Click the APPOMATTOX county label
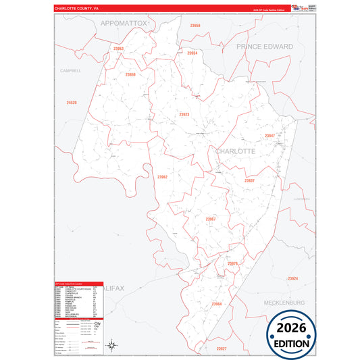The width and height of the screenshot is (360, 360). [124, 22]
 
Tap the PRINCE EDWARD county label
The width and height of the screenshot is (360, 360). [264, 47]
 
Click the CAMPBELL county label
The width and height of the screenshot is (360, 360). [70, 70]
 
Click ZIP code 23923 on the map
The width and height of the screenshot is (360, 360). [184, 115]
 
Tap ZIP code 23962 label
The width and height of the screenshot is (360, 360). [162, 177]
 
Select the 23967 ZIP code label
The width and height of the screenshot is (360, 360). [211, 219]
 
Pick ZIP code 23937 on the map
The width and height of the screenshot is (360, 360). [249, 180]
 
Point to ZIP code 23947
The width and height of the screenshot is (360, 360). [269, 135]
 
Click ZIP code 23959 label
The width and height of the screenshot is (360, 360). [130, 74]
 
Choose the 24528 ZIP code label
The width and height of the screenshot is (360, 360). [72, 102]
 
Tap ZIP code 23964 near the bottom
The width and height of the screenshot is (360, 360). [216, 304]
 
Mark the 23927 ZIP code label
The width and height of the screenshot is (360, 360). [222, 348]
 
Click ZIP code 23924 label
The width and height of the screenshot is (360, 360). [292, 278]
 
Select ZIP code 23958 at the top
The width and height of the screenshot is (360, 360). [195, 25]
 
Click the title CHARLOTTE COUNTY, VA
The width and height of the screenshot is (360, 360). [76, 9]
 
